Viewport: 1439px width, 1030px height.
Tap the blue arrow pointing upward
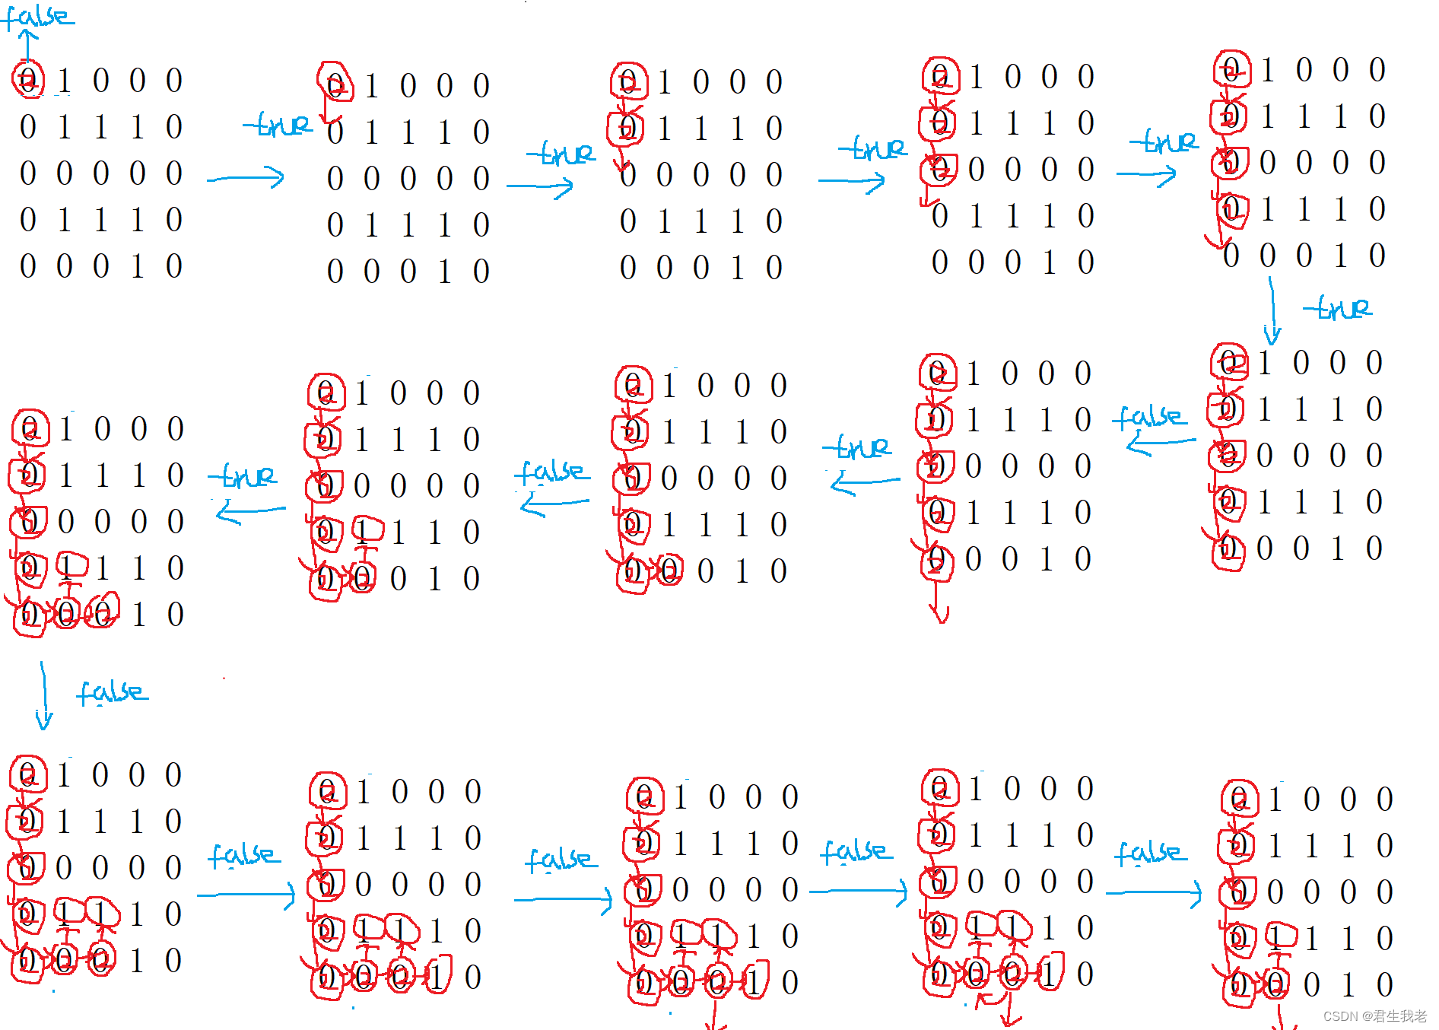click(x=27, y=46)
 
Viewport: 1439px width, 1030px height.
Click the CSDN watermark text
click(x=1374, y=1016)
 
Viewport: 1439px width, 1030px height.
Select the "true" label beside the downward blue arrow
click(x=1339, y=308)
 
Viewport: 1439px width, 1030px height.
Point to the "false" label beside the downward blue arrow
click(x=112, y=692)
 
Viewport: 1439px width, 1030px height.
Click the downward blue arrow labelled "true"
click(x=1272, y=312)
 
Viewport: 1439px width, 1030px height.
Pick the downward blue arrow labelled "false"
click(x=43, y=696)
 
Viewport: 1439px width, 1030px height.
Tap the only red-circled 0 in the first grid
click(x=28, y=80)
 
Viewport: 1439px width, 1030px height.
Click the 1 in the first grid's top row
click(x=64, y=80)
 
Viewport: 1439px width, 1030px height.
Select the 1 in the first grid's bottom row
click(x=137, y=266)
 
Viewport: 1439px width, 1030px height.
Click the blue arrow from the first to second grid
click(x=246, y=178)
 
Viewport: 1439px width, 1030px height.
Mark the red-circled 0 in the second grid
click(x=335, y=85)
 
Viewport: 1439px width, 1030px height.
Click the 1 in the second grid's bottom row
click(x=445, y=272)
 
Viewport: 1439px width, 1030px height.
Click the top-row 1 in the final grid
click(x=1275, y=799)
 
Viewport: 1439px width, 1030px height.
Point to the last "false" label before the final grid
click(x=1150, y=853)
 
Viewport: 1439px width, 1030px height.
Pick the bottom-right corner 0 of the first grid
click(x=174, y=266)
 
